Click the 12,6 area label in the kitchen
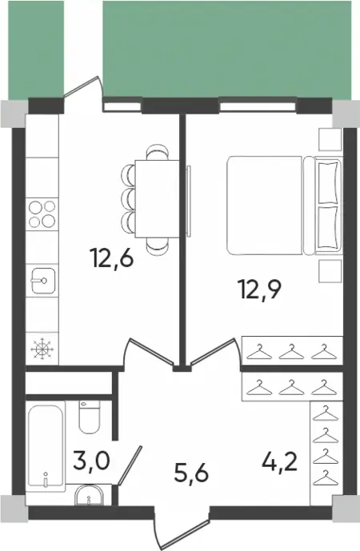point(112,258)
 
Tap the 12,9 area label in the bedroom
point(260,289)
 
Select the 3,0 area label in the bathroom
point(92,461)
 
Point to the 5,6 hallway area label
point(191,473)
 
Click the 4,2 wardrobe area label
point(280,461)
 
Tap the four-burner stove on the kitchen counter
point(42,214)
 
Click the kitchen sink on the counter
point(43,280)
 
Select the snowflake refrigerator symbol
point(42,349)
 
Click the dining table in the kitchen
point(157,199)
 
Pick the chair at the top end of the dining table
point(157,152)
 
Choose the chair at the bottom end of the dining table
point(157,246)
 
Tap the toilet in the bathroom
point(90,417)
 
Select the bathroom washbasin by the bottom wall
point(89,495)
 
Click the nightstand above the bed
point(330,139)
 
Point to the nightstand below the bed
point(330,271)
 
